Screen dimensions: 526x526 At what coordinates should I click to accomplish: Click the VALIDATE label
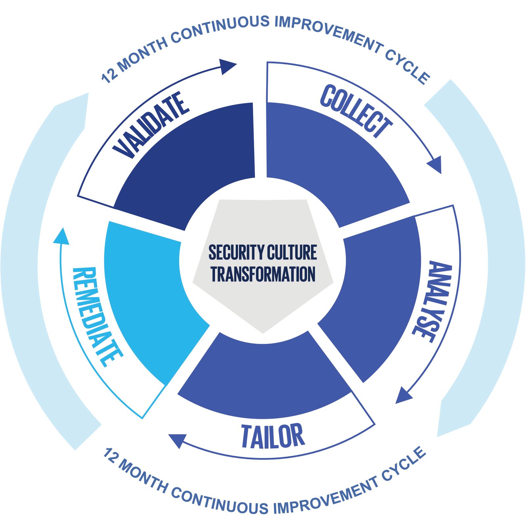(x=151, y=125)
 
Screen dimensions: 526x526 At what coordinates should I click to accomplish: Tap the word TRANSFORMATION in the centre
(x=263, y=275)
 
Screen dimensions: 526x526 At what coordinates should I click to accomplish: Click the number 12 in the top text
(x=109, y=75)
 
